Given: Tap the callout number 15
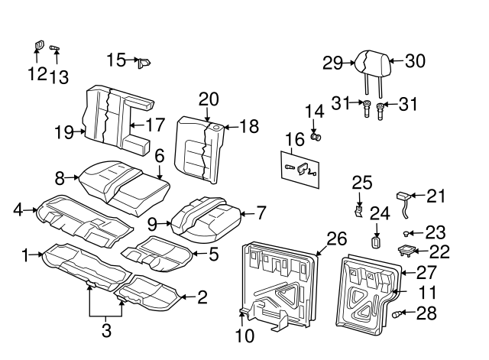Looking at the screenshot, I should point(116,60).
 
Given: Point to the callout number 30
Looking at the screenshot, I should point(414,61).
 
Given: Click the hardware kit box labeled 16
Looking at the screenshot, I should point(301,170).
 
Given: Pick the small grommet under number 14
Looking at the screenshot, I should point(317,138).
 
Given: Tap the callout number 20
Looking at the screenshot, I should point(208,99).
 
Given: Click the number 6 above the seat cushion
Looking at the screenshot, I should point(159,156).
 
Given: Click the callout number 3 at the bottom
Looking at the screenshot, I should point(106,330).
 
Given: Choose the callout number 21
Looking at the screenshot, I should point(435,196).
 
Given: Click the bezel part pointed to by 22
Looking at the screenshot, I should point(405,250).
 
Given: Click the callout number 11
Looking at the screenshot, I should point(429,292).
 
